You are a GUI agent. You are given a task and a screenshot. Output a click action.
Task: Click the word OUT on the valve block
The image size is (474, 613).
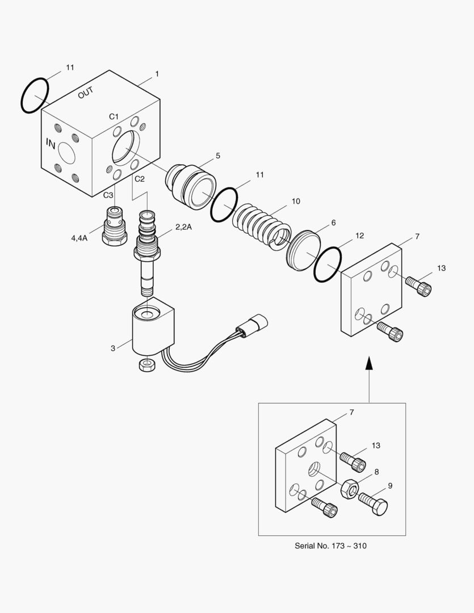(86, 93)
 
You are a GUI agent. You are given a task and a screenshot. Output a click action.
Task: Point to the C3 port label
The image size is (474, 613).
(108, 195)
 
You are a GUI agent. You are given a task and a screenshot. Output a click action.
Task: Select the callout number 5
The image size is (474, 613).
(217, 156)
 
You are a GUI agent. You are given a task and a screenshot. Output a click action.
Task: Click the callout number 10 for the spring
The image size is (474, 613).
(296, 201)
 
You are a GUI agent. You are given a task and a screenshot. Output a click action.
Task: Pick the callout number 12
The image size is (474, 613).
(359, 236)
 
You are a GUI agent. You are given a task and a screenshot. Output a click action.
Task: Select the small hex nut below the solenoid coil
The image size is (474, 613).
(146, 365)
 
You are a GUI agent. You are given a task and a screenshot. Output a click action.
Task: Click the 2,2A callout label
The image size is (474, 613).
(183, 227)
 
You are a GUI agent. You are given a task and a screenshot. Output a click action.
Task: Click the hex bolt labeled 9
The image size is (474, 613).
(373, 503)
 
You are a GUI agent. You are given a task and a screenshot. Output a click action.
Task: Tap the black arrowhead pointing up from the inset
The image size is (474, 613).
(370, 363)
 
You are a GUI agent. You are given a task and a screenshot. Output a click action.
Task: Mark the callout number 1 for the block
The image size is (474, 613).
(157, 74)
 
